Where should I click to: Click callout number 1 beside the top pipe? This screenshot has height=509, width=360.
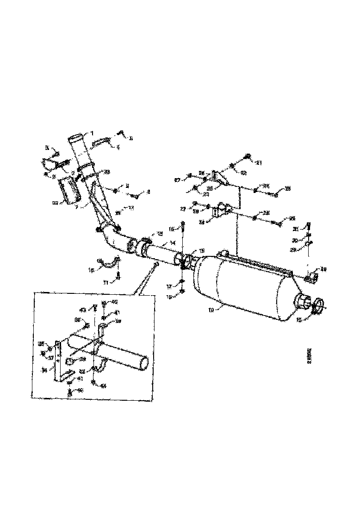[x=92, y=133]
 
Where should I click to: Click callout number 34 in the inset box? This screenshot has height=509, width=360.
[x=44, y=370]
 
